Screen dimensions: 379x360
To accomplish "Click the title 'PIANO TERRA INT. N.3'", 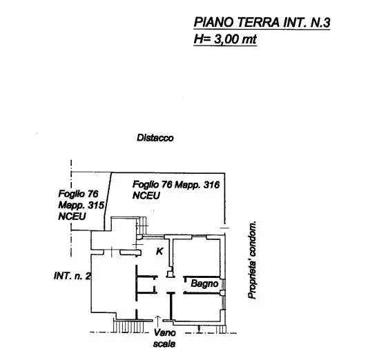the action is [x=262, y=22].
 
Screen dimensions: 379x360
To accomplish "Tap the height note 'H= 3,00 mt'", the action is [x=225, y=39].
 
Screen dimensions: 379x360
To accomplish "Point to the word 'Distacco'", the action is [x=155, y=138].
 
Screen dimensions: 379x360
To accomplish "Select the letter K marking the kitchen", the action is [x=159, y=251].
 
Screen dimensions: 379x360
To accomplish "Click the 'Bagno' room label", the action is [x=204, y=283].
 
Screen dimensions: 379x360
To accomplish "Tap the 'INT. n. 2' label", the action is [x=72, y=276].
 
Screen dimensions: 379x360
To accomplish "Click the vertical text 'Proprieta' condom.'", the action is [x=252, y=260].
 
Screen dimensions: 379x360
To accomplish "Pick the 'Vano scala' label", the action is [x=164, y=338].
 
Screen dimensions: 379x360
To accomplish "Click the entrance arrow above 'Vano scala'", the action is [x=158, y=321].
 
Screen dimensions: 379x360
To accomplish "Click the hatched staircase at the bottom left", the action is [x=128, y=326].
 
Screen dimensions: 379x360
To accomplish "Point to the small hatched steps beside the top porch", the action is [x=143, y=226].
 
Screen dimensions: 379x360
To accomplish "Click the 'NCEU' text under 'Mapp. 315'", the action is [x=72, y=217].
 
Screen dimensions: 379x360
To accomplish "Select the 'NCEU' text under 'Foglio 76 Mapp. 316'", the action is [x=146, y=196].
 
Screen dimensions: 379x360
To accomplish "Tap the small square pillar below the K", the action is [x=170, y=274].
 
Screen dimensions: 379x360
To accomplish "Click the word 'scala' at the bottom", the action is [x=164, y=343].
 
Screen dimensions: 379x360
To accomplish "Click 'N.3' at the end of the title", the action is [x=320, y=22].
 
